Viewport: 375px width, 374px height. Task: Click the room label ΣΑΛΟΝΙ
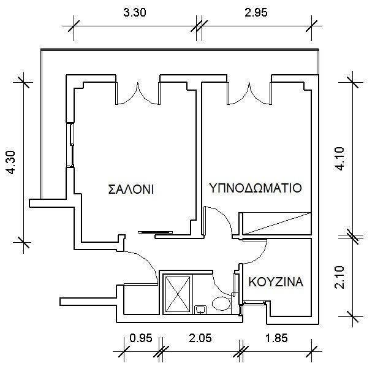pos(131,189)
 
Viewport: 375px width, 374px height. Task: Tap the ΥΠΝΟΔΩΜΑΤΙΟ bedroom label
pos(256,188)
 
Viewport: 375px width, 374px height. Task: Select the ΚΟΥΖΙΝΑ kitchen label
pos(276,282)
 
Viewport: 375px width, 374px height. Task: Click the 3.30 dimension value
pos(134,12)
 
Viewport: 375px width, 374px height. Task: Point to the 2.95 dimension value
pos(256,12)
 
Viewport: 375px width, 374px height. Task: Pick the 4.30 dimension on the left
pos(11,163)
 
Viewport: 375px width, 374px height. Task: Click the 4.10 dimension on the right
pos(339,158)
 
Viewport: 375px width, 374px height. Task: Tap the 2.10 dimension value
pos(339,277)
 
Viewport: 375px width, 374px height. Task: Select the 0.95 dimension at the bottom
pos(141,338)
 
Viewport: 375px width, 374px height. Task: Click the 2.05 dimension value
pos(200,338)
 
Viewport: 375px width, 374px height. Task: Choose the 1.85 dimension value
pos(276,338)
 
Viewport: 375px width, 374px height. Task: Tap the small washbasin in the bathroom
pos(200,309)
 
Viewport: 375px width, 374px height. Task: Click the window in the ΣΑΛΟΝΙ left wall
pos(70,145)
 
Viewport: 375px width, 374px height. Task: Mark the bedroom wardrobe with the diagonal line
pos(276,223)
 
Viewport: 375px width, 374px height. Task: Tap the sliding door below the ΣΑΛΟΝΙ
pos(155,232)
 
